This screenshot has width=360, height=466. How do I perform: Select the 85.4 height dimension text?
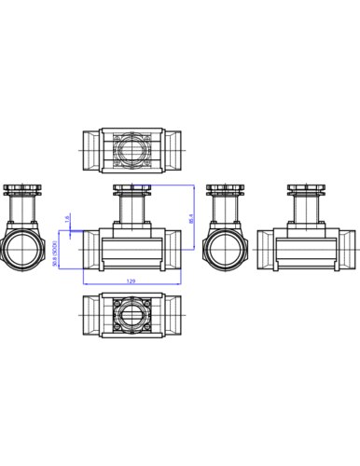(191, 222)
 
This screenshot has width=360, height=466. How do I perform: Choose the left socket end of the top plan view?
(91, 149)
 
